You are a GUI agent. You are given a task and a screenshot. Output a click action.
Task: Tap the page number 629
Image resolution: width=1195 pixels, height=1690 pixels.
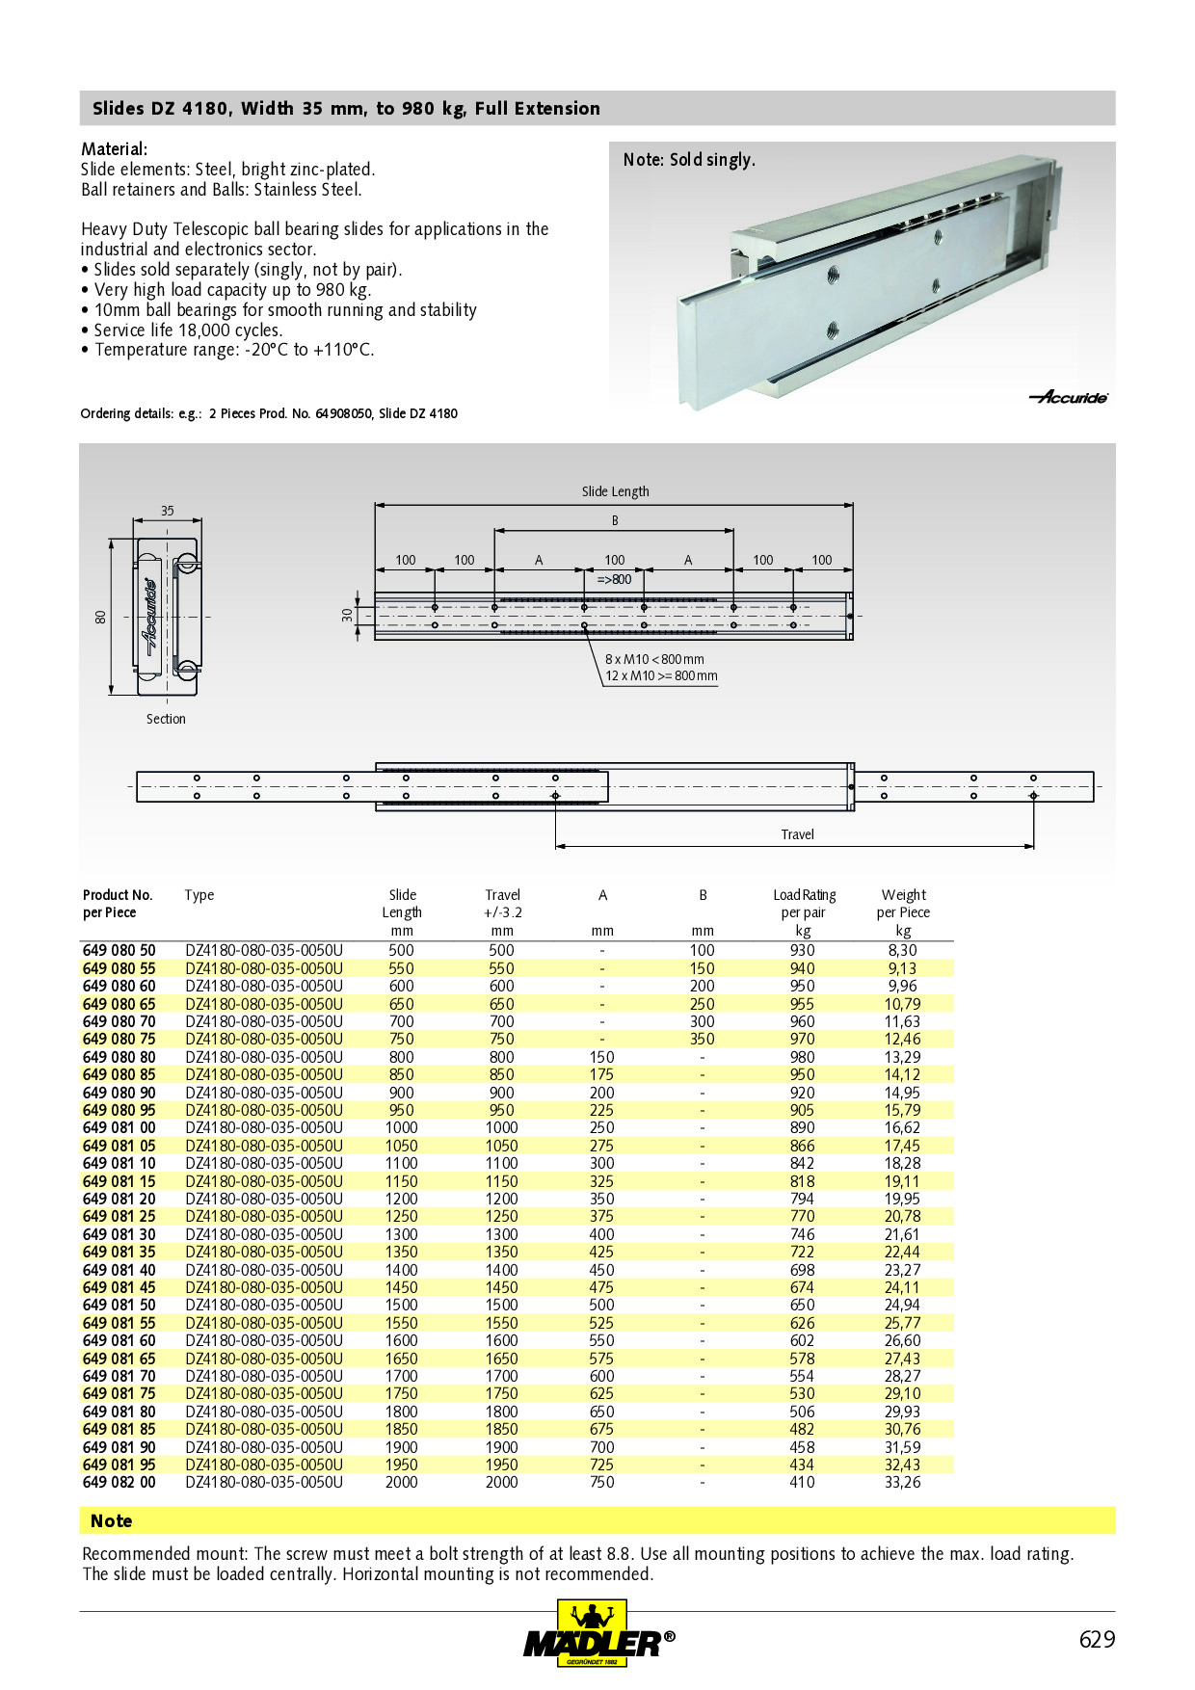(1096, 1640)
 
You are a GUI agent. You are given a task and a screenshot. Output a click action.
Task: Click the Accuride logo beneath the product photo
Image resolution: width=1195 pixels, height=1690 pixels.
(1069, 397)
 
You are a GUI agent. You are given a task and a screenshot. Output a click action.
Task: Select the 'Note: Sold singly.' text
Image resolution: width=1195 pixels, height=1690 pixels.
(689, 160)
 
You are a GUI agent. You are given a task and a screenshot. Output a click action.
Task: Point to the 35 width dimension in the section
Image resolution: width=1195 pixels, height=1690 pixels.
(168, 511)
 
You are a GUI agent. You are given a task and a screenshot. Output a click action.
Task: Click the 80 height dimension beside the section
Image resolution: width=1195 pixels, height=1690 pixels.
(100, 617)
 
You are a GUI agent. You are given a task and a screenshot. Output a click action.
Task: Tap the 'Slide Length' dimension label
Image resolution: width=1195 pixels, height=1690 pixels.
(615, 491)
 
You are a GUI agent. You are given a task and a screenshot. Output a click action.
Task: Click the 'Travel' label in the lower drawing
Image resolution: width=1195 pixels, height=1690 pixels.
(797, 834)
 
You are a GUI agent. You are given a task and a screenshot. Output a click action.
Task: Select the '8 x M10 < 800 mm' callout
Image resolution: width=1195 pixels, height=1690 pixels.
(654, 659)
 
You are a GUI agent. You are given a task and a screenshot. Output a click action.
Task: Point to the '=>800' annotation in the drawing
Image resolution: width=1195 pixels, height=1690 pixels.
(614, 579)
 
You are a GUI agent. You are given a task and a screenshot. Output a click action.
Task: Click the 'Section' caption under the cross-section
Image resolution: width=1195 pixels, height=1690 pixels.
(166, 719)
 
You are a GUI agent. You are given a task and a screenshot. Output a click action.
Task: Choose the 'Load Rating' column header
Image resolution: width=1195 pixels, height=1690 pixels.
(804, 895)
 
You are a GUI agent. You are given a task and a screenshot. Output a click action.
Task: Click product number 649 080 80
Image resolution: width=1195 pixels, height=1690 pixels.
(119, 1057)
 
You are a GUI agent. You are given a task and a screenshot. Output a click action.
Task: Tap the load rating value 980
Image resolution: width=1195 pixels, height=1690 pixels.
(802, 1057)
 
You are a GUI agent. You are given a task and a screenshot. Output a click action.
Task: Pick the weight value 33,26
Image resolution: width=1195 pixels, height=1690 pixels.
(902, 1482)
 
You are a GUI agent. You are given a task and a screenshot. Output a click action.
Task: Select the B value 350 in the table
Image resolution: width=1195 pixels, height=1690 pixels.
(702, 1039)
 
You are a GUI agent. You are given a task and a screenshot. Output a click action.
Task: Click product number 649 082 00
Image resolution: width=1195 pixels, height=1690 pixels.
(119, 1482)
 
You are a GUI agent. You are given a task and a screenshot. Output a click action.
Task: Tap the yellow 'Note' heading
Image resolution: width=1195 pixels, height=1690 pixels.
(111, 1520)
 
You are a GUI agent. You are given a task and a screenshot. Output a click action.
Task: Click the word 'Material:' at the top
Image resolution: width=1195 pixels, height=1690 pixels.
(114, 149)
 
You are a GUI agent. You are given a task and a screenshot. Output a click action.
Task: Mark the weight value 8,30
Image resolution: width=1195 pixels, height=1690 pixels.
(902, 950)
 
